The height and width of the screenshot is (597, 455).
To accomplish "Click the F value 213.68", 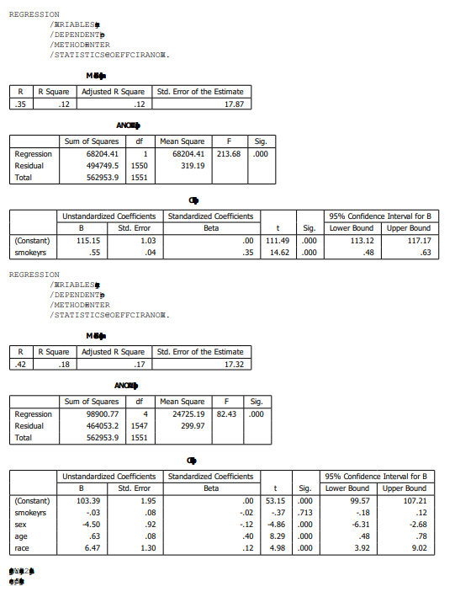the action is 230,154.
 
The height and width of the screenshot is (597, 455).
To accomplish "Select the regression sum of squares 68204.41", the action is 103,154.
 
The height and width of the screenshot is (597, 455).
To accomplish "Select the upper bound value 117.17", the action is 418,240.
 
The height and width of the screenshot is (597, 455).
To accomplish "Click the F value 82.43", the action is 227,414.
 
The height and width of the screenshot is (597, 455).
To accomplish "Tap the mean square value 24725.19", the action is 187,414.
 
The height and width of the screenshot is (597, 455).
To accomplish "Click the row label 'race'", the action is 23,547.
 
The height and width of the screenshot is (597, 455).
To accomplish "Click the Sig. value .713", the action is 308,512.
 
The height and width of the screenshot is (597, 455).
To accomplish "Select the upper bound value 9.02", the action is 421,547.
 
